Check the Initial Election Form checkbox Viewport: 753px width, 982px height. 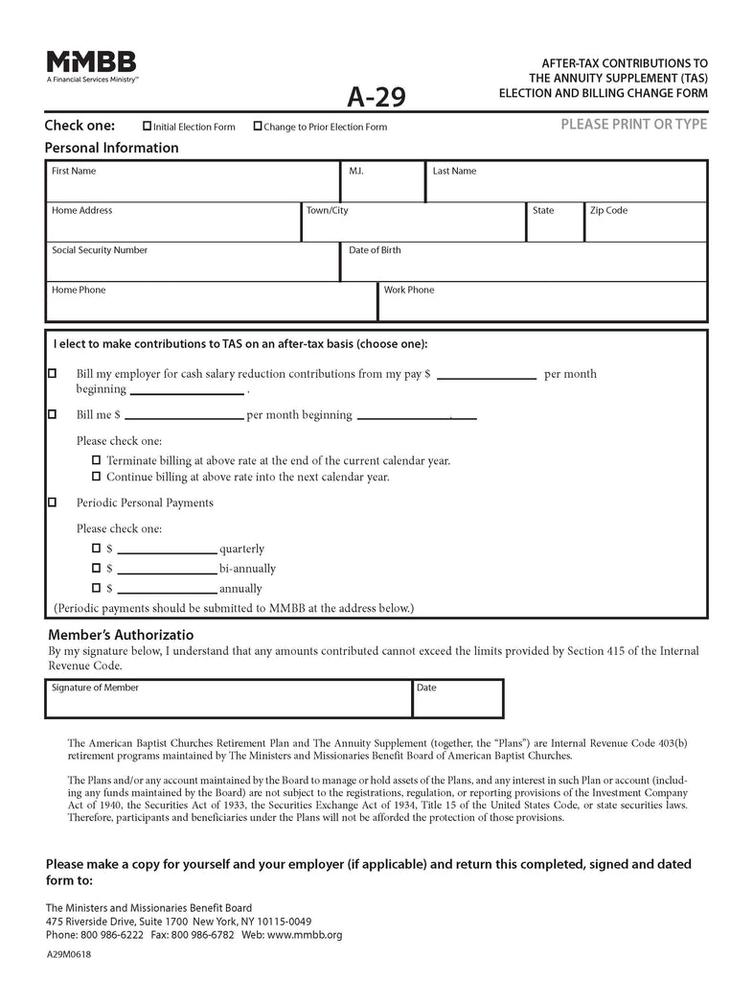coord(147,126)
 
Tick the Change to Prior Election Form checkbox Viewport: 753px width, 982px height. coord(257,126)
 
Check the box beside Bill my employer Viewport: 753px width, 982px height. coord(52,373)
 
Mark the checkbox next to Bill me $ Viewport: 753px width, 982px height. coord(52,414)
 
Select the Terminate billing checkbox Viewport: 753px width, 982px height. coord(96,460)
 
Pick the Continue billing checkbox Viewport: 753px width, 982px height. coord(96,476)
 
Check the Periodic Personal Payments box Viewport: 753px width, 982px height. coord(52,502)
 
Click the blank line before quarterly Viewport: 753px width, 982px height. coord(167,549)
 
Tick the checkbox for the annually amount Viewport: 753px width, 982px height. coord(96,588)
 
